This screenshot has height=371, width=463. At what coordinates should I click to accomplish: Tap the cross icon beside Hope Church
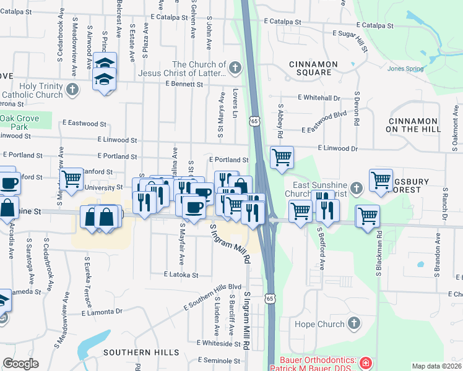[x=353, y=323]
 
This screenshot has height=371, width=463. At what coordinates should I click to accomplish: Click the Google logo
[x=20, y=364]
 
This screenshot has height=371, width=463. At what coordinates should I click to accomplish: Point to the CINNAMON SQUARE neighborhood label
[x=313, y=68]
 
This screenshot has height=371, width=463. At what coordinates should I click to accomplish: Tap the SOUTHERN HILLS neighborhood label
[x=141, y=352]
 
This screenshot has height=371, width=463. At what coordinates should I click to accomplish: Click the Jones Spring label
[x=405, y=69]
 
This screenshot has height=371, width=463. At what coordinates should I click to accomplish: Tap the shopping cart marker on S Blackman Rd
[x=368, y=216]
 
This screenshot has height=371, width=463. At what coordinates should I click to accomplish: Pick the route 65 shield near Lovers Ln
[x=254, y=121]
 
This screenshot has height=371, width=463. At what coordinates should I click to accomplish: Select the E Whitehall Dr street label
[x=319, y=98]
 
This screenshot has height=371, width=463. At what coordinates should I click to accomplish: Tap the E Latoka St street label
[x=181, y=275]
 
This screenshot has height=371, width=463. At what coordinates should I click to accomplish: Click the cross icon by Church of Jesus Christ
[x=235, y=67]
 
